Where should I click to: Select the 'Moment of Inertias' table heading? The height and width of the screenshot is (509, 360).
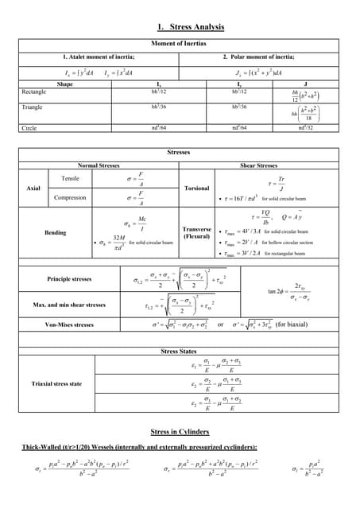pyautogui.click(x=179, y=43)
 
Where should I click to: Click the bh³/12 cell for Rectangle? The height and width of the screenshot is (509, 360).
pyautogui.click(x=159, y=92)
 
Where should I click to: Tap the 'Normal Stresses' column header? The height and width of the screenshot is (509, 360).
pyautogui.click(x=99, y=165)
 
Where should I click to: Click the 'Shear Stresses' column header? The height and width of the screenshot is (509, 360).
pyautogui.click(x=258, y=165)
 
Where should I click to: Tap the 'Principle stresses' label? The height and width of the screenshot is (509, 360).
pyautogui.click(x=71, y=280)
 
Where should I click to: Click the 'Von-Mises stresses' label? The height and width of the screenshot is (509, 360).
pyautogui.click(x=70, y=324)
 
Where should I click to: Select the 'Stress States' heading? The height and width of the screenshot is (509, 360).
pyautogui.click(x=179, y=351)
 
